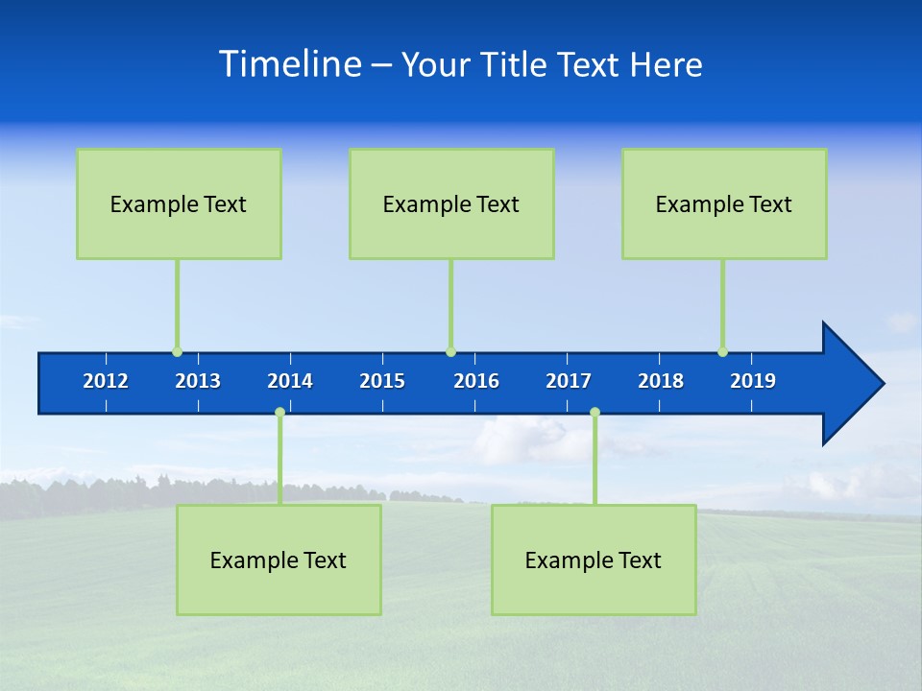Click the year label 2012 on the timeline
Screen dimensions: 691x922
pos(106,381)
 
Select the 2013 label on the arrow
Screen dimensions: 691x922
pos(198,381)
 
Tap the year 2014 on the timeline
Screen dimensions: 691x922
pos(290,381)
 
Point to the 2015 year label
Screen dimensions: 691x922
pos(382,381)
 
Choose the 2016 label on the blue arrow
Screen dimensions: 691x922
pos(476,381)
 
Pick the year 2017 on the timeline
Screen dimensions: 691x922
pos(569,381)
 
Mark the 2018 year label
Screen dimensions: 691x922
pos(661,381)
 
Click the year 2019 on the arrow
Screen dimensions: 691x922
pos(753,381)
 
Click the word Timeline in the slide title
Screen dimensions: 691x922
pos(289,64)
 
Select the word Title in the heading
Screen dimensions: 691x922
pos(516,65)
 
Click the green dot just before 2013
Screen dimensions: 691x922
pos(177,352)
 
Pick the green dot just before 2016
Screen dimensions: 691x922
pos(450,352)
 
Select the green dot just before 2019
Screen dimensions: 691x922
pos(722,352)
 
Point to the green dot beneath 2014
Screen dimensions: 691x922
pos(279,413)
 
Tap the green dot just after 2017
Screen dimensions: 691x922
pos(594,413)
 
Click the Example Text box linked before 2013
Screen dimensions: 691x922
pos(179,203)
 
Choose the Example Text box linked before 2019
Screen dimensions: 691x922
pos(724,203)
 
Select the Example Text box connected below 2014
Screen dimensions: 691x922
pos(279,560)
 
